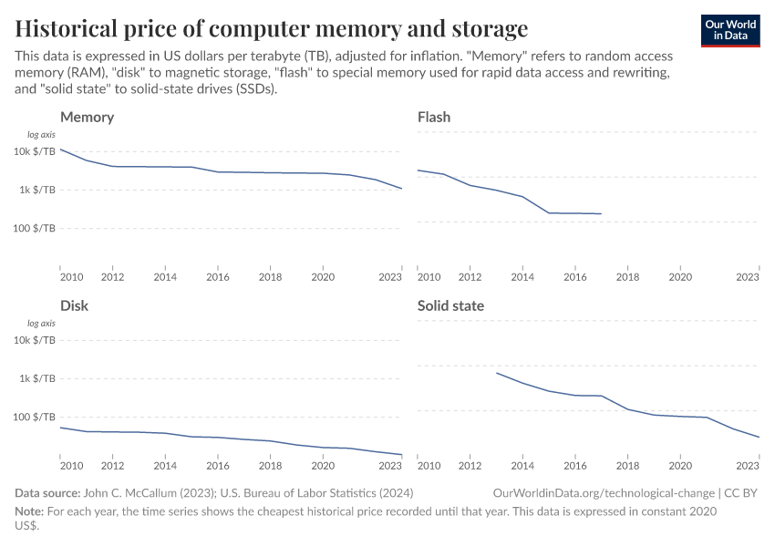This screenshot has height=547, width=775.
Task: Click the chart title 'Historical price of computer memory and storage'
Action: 271,28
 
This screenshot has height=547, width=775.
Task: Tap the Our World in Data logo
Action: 729,30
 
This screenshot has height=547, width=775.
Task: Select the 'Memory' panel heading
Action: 87,118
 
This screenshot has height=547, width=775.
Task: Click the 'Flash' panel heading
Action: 433,118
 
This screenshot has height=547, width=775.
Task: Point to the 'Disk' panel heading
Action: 74,306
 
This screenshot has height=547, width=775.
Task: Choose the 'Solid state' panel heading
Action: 450,306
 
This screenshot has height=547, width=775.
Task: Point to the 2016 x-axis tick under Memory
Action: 217,277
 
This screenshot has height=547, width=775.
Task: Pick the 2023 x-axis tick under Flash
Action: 748,277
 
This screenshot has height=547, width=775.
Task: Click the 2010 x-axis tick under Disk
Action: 71,466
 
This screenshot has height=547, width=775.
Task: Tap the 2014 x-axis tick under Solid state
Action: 522,466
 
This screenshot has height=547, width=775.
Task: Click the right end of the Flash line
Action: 602,213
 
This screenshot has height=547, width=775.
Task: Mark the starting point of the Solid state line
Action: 497,372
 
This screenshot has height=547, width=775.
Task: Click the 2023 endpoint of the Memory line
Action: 402,189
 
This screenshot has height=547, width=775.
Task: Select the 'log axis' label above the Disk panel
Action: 41,324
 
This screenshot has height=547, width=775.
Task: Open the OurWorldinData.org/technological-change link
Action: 602,493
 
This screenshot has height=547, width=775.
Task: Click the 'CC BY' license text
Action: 742,493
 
